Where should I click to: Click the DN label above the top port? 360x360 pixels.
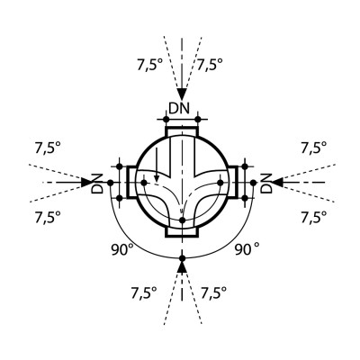point(179,108)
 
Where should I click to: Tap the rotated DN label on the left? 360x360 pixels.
point(97,183)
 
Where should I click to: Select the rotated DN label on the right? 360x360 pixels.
point(265,183)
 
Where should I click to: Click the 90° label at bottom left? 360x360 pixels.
point(121,249)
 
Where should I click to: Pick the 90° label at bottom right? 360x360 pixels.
point(247,249)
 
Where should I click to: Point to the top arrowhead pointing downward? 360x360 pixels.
point(182,94)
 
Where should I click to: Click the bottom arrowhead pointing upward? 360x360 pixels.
point(182,266)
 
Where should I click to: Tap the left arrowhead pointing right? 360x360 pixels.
point(86,182)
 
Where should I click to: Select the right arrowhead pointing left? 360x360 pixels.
point(277,182)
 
